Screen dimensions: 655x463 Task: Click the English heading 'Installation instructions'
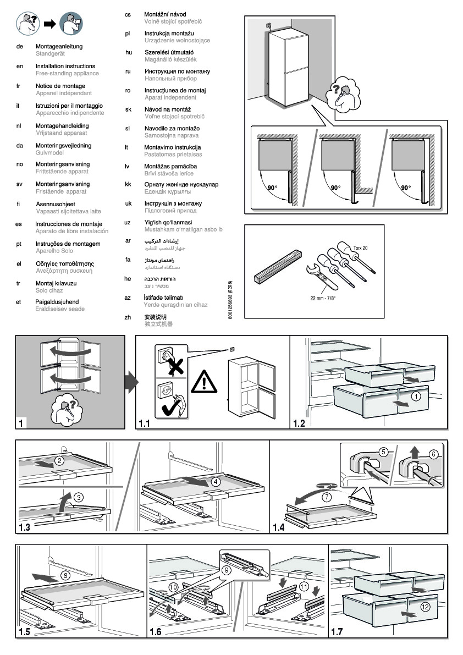pyautogui.click(x=65, y=66)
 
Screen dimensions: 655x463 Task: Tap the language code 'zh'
pyautogui.click(x=128, y=317)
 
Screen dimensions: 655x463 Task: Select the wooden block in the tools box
pyautogui.click(x=278, y=267)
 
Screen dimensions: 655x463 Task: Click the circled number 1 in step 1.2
pyautogui.click(x=417, y=395)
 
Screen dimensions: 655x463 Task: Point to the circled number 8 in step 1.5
pyautogui.click(x=65, y=576)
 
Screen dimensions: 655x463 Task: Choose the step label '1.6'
pyautogui.click(x=156, y=632)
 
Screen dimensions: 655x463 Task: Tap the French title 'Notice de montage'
pyautogui.click(x=60, y=86)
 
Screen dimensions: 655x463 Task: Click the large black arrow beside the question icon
pyautogui.click(x=51, y=24)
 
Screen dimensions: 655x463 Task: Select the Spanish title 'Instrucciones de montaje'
pyautogui.click(x=69, y=224)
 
